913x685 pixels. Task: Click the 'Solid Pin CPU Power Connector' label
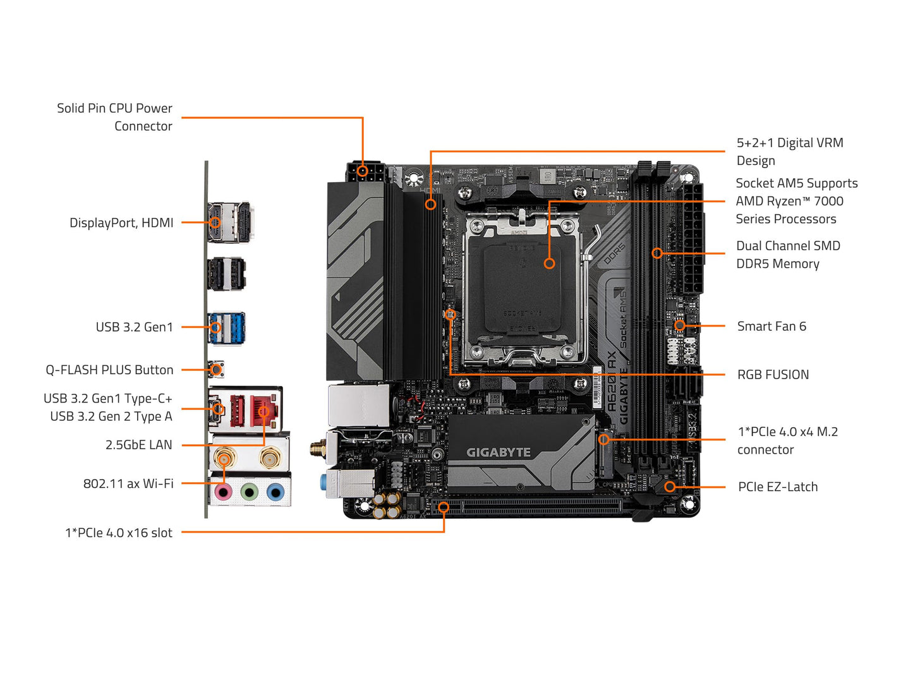tap(114, 117)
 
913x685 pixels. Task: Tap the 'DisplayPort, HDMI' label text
tap(121, 222)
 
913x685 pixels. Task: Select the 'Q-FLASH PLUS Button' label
tap(109, 370)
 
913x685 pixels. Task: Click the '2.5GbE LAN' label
tap(138, 445)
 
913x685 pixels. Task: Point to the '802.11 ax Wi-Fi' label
tap(128, 483)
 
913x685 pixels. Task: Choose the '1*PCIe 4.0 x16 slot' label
tap(119, 533)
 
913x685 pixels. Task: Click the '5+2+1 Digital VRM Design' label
tap(789, 152)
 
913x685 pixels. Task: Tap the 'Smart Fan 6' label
tap(771, 326)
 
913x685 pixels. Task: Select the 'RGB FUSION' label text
tap(773, 375)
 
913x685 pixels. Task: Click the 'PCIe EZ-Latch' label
tap(778, 487)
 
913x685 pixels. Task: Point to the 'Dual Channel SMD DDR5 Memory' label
tap(788, 255)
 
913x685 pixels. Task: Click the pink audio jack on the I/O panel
tap(223, 492)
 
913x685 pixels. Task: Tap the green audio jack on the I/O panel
tap(250, 492)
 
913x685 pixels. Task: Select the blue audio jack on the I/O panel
tap(275, 492)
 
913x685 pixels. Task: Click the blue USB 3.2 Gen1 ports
tap(226, 327)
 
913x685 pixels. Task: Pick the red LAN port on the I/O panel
tap(263, 411)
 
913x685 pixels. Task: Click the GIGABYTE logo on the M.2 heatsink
tap(499, 452)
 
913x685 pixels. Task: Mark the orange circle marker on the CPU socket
tap(549, 264)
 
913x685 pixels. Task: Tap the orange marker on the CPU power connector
tap(362, 171)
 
